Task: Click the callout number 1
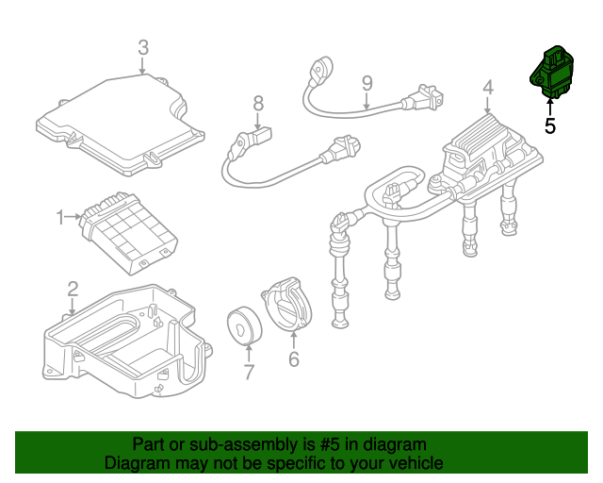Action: tap(61, 218)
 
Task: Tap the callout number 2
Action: tap(73, 288)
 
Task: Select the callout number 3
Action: tap(143, 46)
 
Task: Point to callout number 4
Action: tap(488, 89)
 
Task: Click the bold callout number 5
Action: tap(550, 124)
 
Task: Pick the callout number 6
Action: tap(293, 359)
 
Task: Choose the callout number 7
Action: tap(249, 373)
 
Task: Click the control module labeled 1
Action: tap(130, 226)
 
